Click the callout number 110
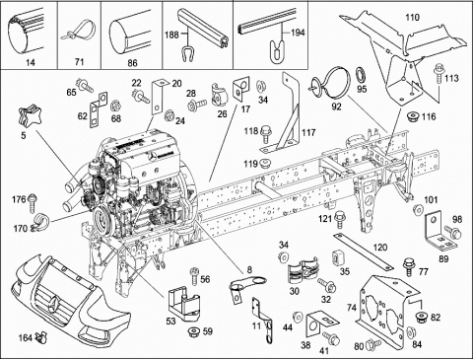click(x=412, y=17)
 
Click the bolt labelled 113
click(x=438, y=73)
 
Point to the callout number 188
click(x=171, y=35)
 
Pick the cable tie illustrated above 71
click(x=79, y=32)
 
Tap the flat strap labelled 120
click(x=363, y=252)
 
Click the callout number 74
click(x=352, y=308)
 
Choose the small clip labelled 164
click(x=41, y=336)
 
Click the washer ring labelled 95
click(x=362, y=74)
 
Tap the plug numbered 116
click(x=412, y=116)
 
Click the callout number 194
click(x=298, y=33)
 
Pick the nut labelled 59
click(x=193, y=331)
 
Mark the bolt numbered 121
click(x=339, y=220)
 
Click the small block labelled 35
click(x=337, y=257)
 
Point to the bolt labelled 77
click(x=409, y=266)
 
